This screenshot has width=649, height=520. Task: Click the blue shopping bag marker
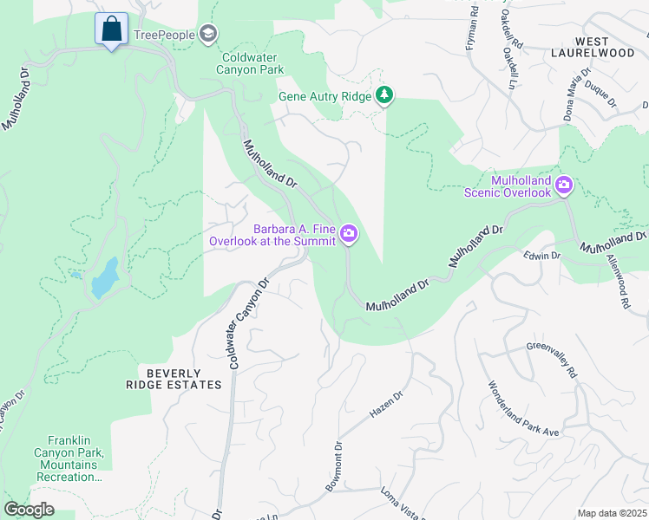click(x=111, y=29)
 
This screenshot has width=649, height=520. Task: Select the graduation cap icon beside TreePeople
click(x=207, y=34)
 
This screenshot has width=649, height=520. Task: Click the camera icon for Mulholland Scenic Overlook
click(x=564, y=184)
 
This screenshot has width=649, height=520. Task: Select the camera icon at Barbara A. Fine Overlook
click(x=349, y=233)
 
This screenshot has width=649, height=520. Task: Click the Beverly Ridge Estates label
click(x=180, y=379)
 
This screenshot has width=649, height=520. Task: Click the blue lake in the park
click(x=103, y=276)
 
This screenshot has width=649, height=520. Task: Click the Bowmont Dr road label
click(x=335, y=468)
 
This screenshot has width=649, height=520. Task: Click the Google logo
click(x=29, y=510)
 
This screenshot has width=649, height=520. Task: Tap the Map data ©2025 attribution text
click(x=612, y=513)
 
